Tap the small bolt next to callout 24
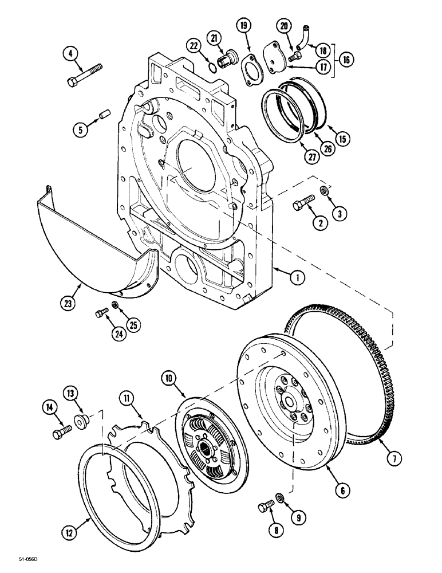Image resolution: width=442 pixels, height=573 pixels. [x=101, y=312]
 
